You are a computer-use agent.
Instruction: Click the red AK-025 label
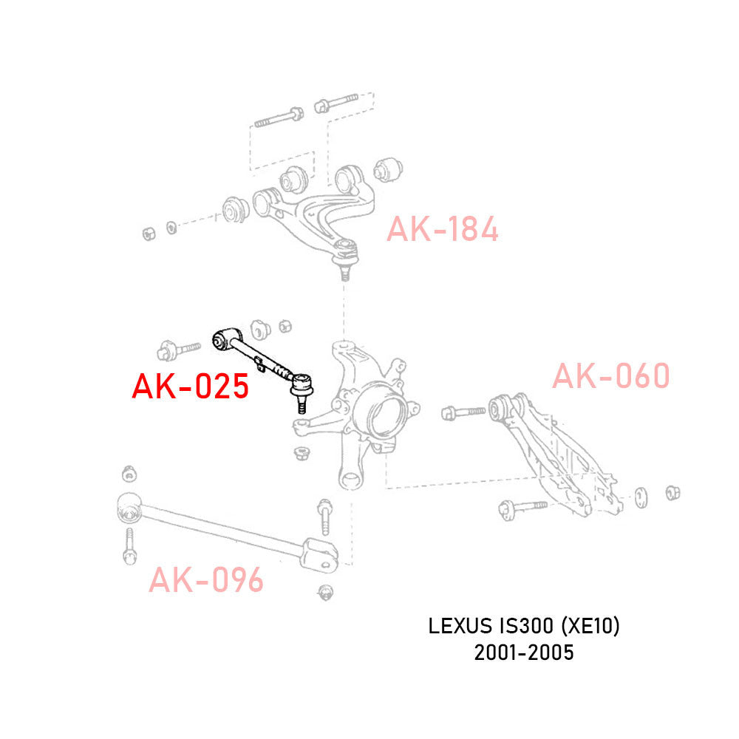190,386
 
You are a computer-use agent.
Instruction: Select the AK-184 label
442,230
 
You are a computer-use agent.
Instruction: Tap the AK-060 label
610,376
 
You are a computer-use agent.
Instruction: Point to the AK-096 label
205,581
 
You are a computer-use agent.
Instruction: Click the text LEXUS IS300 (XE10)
524,627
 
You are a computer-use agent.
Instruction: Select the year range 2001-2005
524,653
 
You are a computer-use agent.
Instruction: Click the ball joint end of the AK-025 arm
302,385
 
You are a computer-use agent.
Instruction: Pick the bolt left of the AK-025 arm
178,347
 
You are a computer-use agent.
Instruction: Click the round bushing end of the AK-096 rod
129,509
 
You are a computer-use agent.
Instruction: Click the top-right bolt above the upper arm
336,102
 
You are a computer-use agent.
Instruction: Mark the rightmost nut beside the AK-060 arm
672,493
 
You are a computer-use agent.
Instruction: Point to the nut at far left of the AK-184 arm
149,234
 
